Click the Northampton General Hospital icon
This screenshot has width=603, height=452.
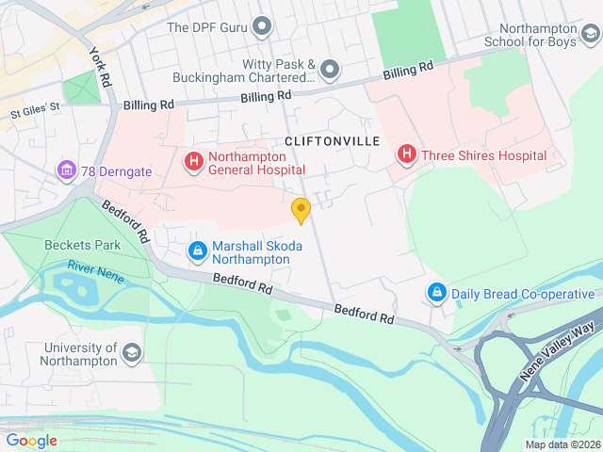(194, 163)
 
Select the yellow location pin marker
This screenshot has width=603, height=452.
(301, 211)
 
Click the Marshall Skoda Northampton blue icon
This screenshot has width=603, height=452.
(198, 251)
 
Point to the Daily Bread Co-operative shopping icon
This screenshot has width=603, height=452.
(437, 294)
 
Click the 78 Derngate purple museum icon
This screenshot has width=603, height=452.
(66, 170)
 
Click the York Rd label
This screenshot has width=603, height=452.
(98, 70)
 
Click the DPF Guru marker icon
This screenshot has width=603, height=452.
(262, 26)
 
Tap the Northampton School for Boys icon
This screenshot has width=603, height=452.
(590, 36)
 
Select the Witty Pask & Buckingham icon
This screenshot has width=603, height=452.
(329, 69)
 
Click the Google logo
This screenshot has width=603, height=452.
(31, 441)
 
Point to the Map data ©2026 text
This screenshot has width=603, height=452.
(562, 444)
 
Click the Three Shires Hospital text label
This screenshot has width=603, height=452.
(483, 155)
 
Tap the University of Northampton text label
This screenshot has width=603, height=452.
(67, 353)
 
